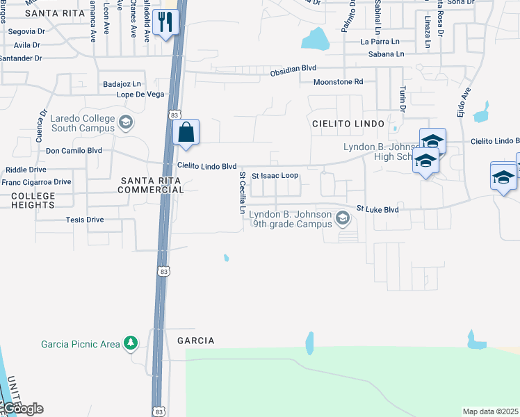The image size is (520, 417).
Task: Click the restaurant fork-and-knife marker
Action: point(165,22)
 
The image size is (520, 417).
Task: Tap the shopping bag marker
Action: point(186,132)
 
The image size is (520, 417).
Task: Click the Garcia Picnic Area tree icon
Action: point(130,343)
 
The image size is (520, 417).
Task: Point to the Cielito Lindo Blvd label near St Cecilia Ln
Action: point(206,166)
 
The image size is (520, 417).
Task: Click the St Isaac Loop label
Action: point(275,176)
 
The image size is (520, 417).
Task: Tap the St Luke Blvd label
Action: point(377,208)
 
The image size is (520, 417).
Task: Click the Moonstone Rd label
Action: point(339,82)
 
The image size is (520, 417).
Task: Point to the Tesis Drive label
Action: point(85,220)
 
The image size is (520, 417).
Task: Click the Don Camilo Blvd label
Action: point(74,150)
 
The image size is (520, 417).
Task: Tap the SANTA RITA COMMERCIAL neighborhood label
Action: point(152,185)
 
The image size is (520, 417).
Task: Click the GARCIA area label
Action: point(195,341)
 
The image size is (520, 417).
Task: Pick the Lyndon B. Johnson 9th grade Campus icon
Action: point(342,219)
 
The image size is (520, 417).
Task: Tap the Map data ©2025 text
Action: point(491,411)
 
